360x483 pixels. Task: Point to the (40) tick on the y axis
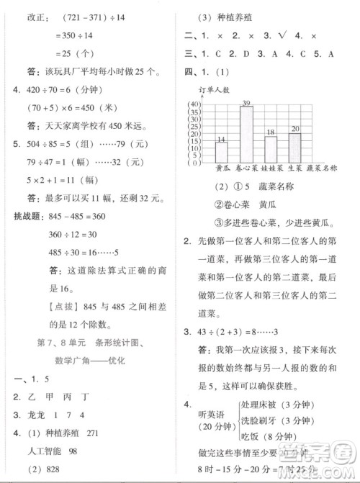click(x=194, y=105)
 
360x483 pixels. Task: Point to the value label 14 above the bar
click(x=221, y=138)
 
